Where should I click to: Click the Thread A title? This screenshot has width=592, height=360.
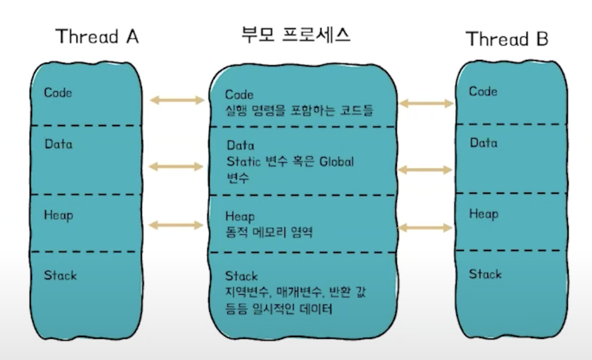tap(97, 37)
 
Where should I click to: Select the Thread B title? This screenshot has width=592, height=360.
tap(507, 39)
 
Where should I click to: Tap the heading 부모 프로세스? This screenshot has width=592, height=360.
tap(296, 35)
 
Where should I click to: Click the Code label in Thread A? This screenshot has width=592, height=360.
tap(58, 92)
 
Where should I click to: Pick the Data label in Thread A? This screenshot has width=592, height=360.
tap(58, 144)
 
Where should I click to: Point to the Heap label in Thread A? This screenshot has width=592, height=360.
tap(58, 215)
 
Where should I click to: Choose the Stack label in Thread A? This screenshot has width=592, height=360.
tap(61, 275)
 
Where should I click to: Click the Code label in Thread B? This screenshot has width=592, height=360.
tap(483, 91)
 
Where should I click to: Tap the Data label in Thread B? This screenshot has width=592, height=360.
tap(483, 143)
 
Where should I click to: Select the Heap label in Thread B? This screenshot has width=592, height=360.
tap(483, 214)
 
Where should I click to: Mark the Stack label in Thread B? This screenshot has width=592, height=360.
tap(485, 274)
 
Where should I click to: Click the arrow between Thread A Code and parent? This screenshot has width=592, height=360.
tap(177, 100)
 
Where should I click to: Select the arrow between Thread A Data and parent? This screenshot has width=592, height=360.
tap(177, 166)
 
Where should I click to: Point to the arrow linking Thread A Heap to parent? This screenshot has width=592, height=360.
tap(177, 225)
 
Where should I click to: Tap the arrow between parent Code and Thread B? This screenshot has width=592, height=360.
tap(426, 103)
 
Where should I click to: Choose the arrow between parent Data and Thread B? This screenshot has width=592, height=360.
tap(424, 170)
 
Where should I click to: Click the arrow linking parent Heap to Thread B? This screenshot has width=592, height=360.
tap(424, 227)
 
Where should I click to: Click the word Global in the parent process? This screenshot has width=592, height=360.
tap(335, 162)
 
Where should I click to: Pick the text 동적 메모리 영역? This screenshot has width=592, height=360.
tap(269, 232)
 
